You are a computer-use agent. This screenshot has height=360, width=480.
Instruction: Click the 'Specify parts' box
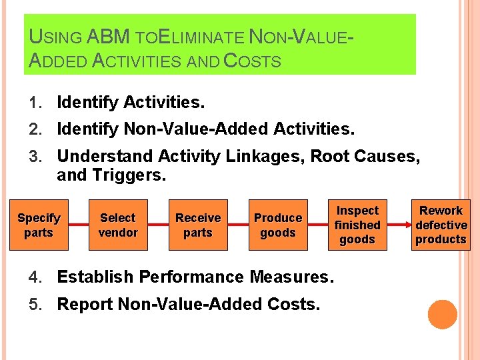click(39, 225)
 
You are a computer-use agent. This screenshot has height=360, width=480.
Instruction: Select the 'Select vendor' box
click(118, 225)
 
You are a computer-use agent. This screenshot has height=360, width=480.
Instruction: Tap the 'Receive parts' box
click(198, 225)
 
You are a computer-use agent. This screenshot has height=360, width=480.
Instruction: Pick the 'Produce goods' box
click(278, 225)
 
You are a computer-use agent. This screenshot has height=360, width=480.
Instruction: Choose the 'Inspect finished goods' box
click(357, 225)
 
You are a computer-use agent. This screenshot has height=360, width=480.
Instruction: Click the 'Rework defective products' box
click(441, 225)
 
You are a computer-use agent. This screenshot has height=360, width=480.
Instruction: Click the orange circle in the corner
click(442, 315)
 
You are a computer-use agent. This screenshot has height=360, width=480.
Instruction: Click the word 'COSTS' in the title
click(252, 61)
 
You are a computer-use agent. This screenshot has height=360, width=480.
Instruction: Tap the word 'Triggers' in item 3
click(124, 175)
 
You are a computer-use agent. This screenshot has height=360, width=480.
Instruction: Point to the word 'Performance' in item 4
click(195, 277)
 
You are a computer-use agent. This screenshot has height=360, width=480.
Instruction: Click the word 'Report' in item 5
click(85, 304)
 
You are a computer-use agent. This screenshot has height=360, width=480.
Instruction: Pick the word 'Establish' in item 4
click(93, 277)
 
